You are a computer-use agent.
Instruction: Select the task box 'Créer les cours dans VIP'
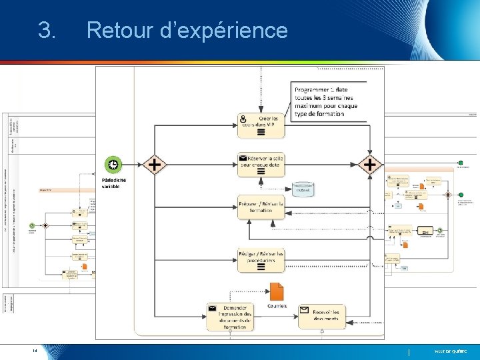coord(261,125)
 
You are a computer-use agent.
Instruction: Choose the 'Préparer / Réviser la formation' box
coord(261,206)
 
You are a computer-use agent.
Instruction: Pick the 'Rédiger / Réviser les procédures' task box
coord(261,259)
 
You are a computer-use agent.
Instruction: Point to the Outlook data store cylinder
coord(303,189)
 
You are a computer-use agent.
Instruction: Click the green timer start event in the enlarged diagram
coord(113,164)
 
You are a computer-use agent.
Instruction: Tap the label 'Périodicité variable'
coord(113,183)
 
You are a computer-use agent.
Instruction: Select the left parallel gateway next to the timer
coord(154,164)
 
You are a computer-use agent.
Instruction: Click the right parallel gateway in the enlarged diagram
coord(369,164)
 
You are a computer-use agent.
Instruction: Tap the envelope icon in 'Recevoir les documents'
coord(303,310)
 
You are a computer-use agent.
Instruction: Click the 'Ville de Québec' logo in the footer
coord(451,351)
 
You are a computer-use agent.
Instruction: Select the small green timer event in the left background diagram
coord(32,225)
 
